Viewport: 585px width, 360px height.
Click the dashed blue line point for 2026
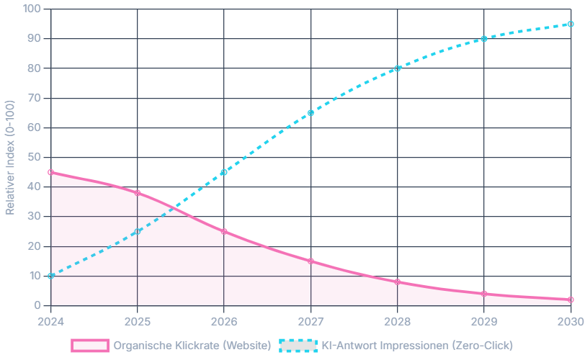coord(224,172)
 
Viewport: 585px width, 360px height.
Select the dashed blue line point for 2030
coord(571,24)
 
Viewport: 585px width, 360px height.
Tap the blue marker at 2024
coord(50,276)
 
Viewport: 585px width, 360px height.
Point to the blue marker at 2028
coord(397,68)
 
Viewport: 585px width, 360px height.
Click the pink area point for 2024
coord(50,172)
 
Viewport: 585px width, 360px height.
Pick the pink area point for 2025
coord(138,193)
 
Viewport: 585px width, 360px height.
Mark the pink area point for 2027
coord(311,261)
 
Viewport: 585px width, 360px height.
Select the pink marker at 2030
coord(571,300)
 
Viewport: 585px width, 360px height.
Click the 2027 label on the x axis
coord(311,321)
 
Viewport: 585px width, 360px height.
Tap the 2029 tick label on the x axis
coord(483,321)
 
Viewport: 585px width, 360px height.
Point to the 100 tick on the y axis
coord(32,9)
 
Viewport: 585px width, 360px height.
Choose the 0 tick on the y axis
coord(37,306)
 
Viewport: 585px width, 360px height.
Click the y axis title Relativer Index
coord(10,158)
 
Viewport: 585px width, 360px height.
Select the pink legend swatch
coord(89,346)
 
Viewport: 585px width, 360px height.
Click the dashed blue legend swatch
coord(297,346)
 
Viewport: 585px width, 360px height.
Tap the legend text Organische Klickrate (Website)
coord(192,346)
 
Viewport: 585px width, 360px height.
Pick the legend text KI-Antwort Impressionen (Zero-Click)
coord(417,346)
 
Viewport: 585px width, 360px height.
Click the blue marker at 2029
coord(484,39)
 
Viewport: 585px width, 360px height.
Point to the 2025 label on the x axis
coord(138,321)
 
